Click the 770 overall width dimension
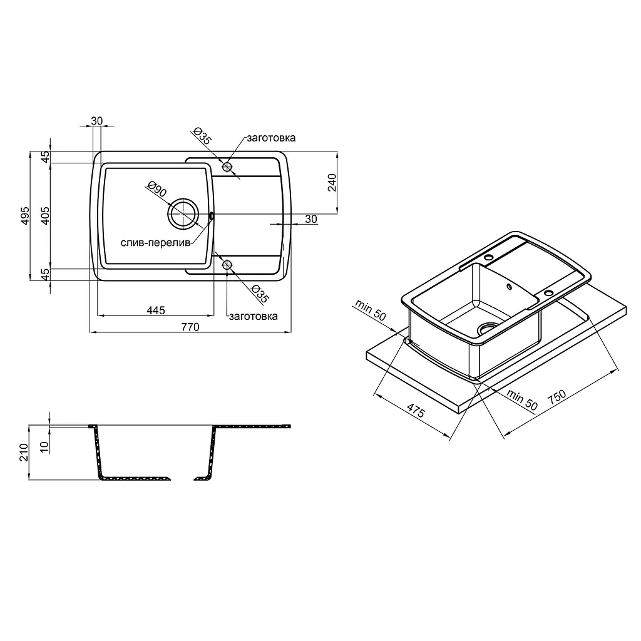coord(190,327)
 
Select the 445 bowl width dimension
coord(156,310)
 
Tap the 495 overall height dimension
coord(25,215)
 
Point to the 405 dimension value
coord(45,215)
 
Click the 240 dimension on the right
coord(332,182)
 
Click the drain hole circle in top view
coord(183,214)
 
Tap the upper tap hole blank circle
coord(227,167)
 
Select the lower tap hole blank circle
coord(227,265)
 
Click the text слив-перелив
coord(155,243)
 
